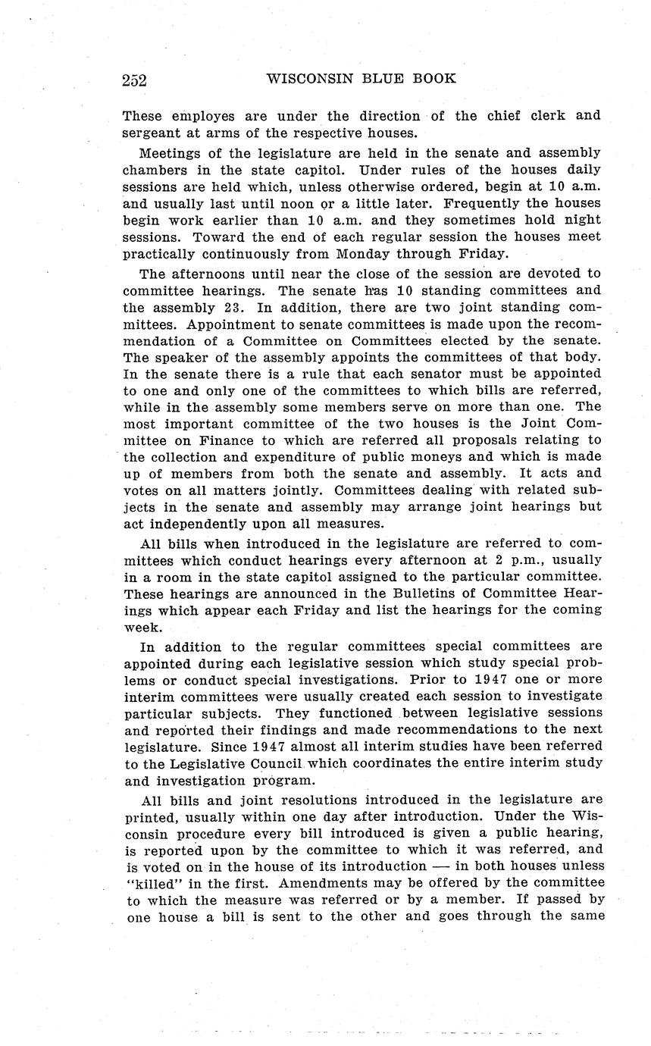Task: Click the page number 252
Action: tap(133, 80)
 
